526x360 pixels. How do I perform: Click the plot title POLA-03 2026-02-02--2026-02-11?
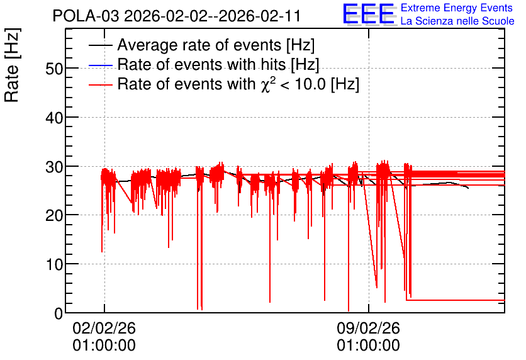click(x=177, y=16)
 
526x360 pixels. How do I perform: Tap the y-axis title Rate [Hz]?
click(x=12, y=65)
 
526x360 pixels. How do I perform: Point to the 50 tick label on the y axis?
click(x=54, y=69)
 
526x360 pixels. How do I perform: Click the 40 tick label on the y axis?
click(x=54, y=118)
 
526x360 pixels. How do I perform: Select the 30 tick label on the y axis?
click(x=54, y=167)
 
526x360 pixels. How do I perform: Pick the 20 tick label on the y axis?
click(x=54, y=215)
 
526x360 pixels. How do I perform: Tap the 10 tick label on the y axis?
click(x=54, y=264)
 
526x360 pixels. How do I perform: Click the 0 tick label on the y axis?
click(x=59, y=313)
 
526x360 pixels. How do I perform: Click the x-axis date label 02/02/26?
click(x=104, y=328)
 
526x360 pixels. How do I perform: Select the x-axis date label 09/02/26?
click(x=368, y=328)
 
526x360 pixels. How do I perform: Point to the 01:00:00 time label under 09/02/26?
click(x=368, y=346)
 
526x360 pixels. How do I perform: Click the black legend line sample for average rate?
click(x=101, y=45)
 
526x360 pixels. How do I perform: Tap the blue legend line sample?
click(x=101, y=65)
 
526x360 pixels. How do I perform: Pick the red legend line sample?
click(x=101, y=84)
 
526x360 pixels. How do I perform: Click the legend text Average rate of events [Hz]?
click(x=216, y=45)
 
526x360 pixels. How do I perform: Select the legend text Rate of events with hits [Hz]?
click(x=218, y=64)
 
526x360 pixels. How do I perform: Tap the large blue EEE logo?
click(x=369, y=14)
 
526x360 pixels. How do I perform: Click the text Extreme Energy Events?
click(x=457, y=8)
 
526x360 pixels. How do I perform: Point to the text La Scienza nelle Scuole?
click(x=457, y=21)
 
